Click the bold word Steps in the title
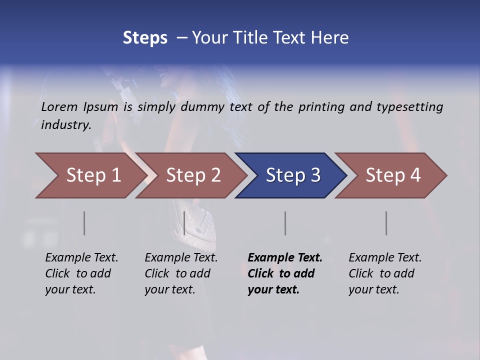pos(145,38)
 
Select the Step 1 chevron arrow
pos(90,175)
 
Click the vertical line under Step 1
pos(84,223)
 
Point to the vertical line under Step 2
pos(184,223)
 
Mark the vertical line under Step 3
pos(285,223)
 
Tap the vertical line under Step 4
pos(386,223)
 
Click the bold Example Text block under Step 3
pos(285,273)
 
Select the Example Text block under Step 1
pos(81,273)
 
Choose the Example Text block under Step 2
pos(181,273)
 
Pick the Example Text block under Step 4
pos(385,273)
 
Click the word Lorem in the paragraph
pos(59,107)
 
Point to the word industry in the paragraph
pos(65,125)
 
